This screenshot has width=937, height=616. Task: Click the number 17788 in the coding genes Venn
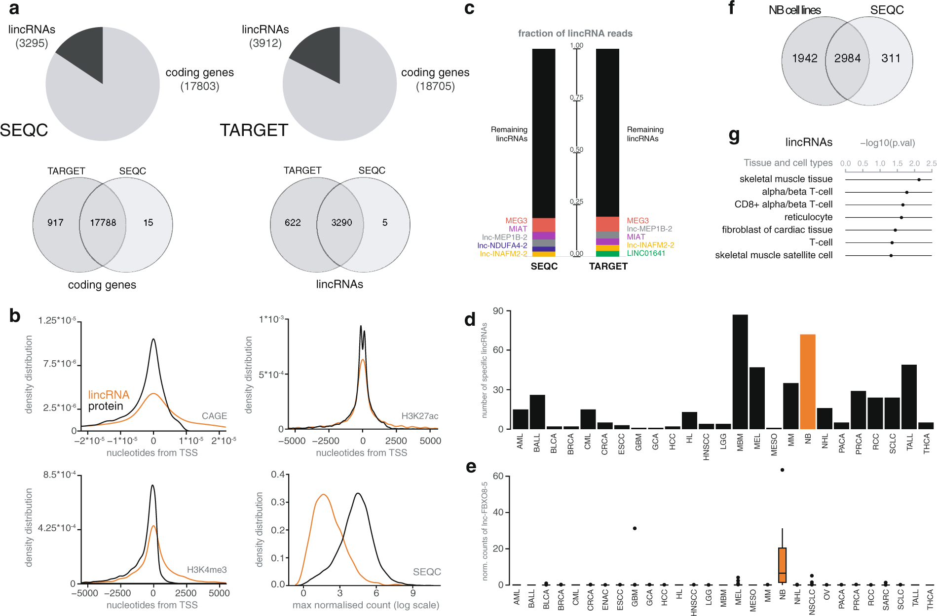point(103,223)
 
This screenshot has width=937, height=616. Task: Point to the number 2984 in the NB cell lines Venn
point(847,58)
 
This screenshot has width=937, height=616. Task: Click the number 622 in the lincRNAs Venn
point(293,223)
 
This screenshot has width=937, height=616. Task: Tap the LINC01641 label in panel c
point(646,253)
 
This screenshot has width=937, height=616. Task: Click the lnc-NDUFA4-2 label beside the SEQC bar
point(502,245)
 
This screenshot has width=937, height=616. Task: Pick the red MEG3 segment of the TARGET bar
point(607,224)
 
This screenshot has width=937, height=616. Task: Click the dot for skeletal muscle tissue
point(919,179)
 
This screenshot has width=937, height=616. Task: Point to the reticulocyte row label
point(808,217)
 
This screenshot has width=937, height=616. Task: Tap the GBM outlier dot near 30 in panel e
point(635,528)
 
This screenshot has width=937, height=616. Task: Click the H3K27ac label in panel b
point(419,416)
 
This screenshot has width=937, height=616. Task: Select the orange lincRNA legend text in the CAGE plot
point(109,395)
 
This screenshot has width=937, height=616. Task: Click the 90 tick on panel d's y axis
point(498,311)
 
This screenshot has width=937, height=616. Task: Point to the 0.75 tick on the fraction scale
point(576,98)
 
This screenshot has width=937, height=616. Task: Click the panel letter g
point(734,136)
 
